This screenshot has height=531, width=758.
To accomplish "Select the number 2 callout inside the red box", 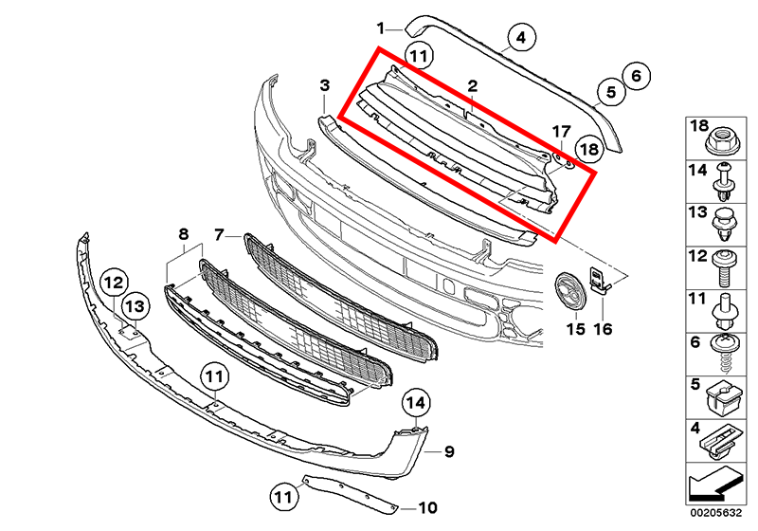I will coord(471,87).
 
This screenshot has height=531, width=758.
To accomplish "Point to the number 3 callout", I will coord(324,86).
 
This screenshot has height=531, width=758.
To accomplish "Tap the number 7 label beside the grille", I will coord(219,233).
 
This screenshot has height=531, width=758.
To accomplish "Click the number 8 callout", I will coord(184,233).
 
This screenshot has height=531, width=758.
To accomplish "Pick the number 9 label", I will coord(449,451).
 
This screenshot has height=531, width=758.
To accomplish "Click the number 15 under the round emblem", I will coord(576,330).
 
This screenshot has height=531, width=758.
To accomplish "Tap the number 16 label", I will coord(604,330).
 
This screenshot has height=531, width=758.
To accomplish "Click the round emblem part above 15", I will coord(571,289).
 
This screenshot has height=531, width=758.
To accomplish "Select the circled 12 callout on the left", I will coord(114,282).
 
